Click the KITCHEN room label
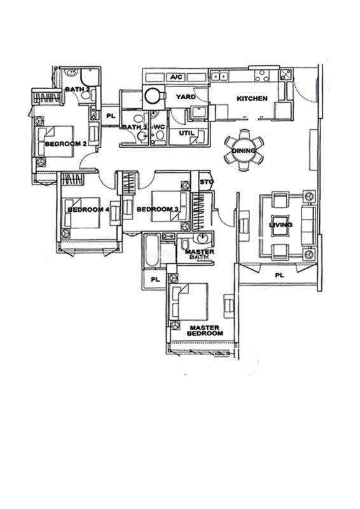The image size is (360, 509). pyautogui.click(x=252, y=99)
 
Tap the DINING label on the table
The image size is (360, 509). pyautogui.click(x=244, y=151)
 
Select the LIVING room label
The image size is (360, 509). pyautogui.click(x=280, y=225)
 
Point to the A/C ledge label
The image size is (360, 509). pyautogui.click(x=177, y=77)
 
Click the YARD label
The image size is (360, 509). pyautogui.click(x=186, y=97)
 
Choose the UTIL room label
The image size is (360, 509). pyautogui.click(x=186, y=133)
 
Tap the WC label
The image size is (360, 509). pyautogui.click(x=160, y=127)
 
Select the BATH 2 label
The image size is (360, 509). pyautogui.click(x=78, y=89)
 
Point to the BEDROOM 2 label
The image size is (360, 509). pyautogui.click(x=66, y=144)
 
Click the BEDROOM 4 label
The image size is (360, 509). pyautogui.click(x=88, y=210)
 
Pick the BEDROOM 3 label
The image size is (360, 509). pyautogui.click(x=158, y=209)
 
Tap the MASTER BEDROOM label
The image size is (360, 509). pyautogui.click(x=205, y=330)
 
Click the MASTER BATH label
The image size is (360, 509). pyautogui.click(x=200, y=254)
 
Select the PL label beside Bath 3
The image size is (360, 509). pyautogui.click(x=111, y=116)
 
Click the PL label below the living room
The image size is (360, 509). pyautogui.click(x=279, y=275)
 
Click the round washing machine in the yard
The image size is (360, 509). pyautogui.click(x=152, y=95)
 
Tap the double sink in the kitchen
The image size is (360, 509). pyautogui.click(x=220, y=76)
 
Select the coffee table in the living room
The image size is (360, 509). pyautogui.click(x=280, y=225)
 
